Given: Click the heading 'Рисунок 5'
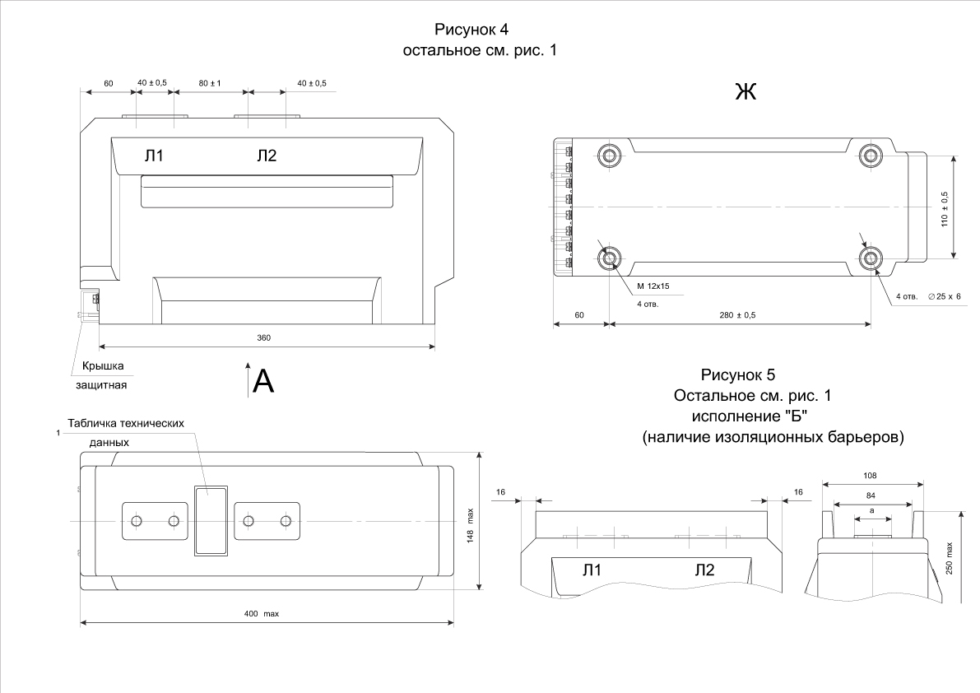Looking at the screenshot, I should tap(737, 376).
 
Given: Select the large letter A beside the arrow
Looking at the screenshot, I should tap(262, 381).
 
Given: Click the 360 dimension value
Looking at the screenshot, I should tap(263, 338).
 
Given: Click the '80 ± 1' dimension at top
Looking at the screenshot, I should tap(210, 83).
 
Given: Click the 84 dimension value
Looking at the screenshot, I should tap(873, 495).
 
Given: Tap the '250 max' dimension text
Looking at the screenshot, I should tap(950, 560).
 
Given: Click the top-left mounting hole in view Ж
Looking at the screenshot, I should tap(611, 155).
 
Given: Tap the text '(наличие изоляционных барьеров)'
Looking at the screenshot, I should tap(773, 437).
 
